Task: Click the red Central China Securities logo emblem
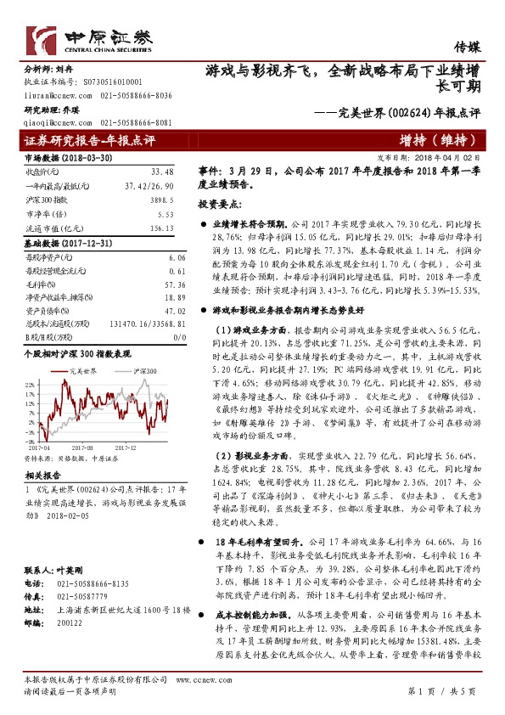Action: pos(42,39)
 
